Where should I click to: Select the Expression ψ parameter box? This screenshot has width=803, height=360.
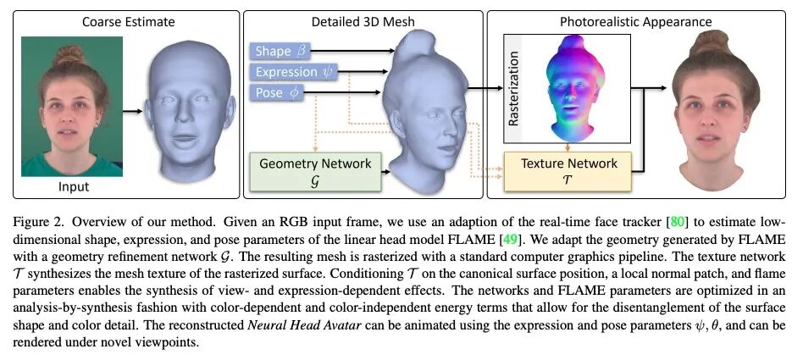(293, 72)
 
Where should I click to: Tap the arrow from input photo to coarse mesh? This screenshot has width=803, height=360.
(131, 110)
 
